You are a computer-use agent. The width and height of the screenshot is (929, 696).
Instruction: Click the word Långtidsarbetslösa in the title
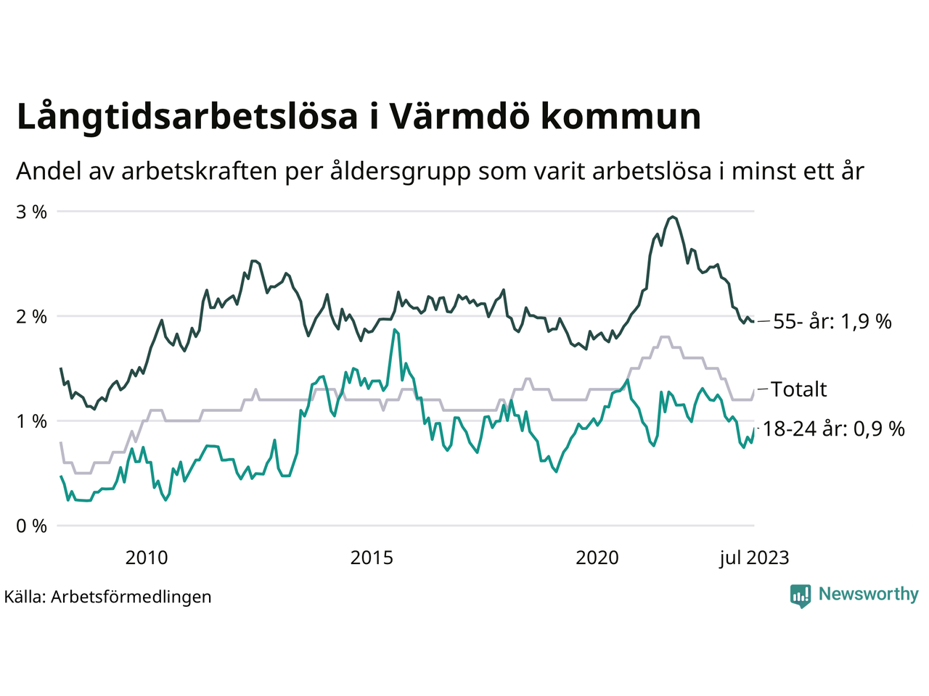(187, 117)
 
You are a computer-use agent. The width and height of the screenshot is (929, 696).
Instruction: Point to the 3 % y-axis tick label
(32, 212)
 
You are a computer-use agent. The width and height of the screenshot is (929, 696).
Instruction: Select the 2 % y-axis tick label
(32, 317)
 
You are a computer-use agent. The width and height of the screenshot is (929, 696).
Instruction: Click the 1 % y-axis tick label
(32, 421)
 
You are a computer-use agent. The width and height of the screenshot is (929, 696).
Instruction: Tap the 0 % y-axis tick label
(32, 526)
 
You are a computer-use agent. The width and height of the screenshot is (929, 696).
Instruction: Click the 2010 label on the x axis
(147, 558)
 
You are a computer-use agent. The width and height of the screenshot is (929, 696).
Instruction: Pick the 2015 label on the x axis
(372, 558)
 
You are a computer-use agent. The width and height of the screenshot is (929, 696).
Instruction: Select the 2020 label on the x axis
(597, 558)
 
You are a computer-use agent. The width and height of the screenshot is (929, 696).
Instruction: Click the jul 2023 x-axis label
(754, 558)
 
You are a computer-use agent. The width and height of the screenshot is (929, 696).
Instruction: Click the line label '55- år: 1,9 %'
(832, 321)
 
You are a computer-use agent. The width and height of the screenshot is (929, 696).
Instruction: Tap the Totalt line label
(799, 389)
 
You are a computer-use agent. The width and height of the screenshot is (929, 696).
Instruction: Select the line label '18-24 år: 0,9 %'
(834, 428)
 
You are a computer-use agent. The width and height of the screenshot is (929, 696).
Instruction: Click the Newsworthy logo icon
(801, 596)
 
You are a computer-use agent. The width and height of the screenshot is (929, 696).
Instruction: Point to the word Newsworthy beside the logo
(869, 594)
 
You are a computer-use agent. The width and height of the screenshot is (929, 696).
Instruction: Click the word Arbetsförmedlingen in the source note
(131, 597)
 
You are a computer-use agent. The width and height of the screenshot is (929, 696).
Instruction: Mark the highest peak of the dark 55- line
(673, 216)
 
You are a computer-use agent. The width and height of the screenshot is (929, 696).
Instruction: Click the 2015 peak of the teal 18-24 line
(394, 330)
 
